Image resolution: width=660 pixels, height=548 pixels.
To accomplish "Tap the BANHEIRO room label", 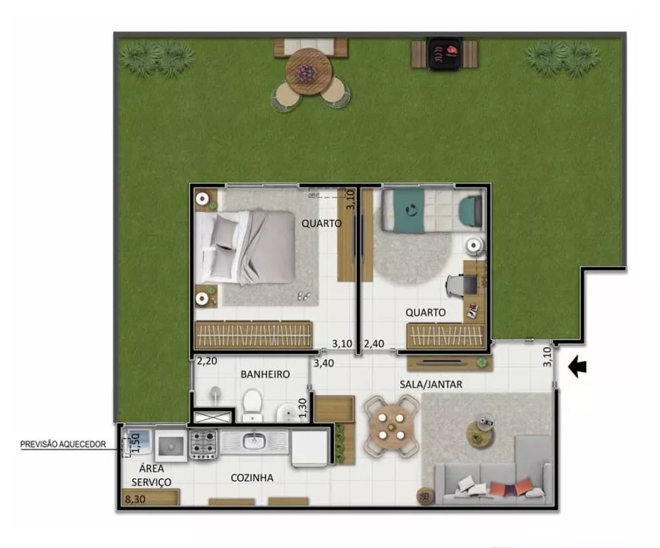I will click(265, 374).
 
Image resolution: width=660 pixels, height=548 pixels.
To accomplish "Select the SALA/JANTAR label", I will click(430, 384).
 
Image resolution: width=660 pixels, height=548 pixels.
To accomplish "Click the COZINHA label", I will click(251, 478).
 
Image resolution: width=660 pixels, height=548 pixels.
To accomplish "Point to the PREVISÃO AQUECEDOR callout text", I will click(63, 444).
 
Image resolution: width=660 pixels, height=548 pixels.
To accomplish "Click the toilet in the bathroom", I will click(251, 404).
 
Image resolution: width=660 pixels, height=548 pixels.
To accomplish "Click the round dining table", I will click(391, 426).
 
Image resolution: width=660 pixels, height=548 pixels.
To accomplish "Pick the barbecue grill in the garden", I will click(444, 53).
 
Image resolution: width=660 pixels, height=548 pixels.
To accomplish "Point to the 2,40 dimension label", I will click(374, 343).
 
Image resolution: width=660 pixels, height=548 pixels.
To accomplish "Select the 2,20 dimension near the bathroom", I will click(207, 361).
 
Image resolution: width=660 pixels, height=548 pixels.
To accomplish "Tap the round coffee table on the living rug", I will click(479, 432).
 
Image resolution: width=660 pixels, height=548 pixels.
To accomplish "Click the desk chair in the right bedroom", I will click(455, 285).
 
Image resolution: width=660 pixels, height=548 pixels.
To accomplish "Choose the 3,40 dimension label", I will click(323, 363).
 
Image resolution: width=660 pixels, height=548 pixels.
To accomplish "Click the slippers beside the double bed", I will click(304, 295).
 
